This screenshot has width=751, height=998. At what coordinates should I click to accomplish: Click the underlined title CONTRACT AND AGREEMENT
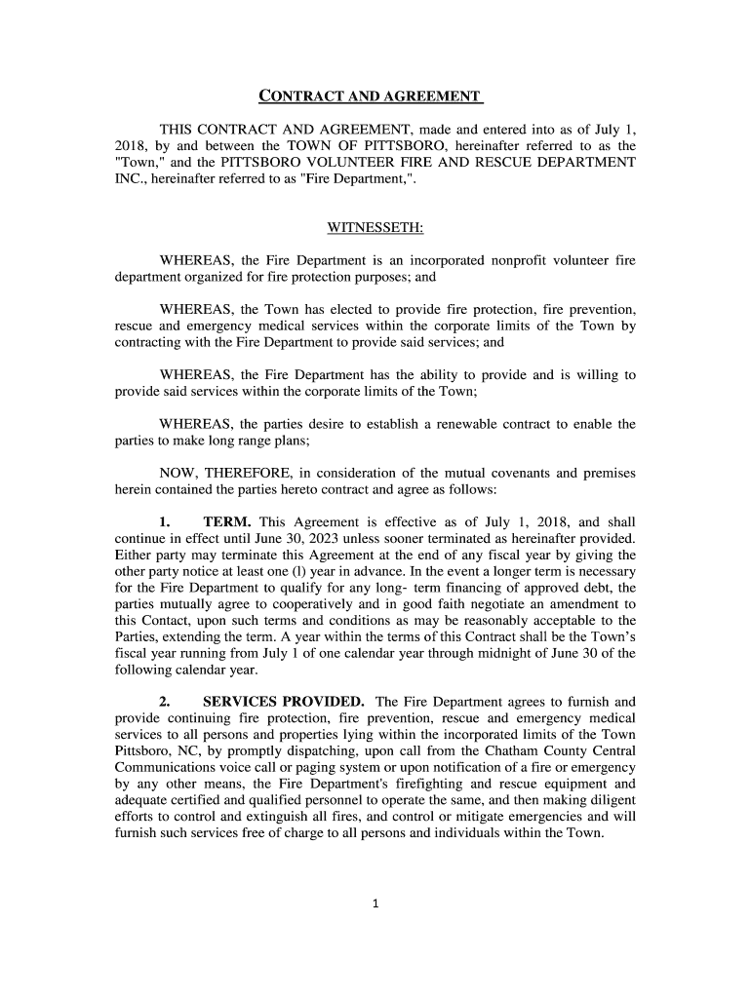(x=371, y=96)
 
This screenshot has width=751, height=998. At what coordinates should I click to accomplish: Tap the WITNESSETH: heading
(x=375, y=228)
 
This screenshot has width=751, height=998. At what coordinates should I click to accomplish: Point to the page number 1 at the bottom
(x=375, y=903)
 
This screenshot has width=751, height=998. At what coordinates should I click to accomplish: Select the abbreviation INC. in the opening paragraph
(x=130, y=179)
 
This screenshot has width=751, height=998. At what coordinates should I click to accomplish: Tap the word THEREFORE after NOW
(x=247, y=473)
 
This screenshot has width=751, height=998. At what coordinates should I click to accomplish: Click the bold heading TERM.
(x=226, y=521)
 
